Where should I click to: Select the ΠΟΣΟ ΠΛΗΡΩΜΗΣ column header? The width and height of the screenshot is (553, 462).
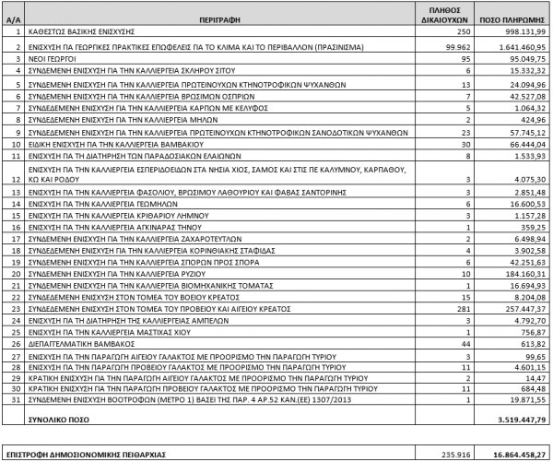503,18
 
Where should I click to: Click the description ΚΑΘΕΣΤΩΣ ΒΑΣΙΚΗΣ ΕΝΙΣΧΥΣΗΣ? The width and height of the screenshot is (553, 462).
82,30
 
